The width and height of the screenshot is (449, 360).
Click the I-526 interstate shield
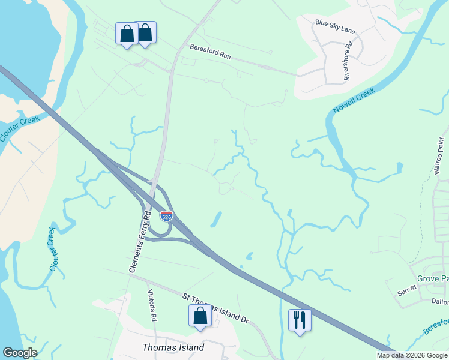click(167, 216)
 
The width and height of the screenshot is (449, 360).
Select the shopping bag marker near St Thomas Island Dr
click(200, 316)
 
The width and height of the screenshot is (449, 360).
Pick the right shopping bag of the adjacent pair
click(145, 33)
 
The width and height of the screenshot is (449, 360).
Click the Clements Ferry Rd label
click(140, 241)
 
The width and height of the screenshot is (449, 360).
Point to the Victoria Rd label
click(152, 305)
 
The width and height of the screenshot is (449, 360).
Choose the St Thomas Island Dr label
click(215, 307)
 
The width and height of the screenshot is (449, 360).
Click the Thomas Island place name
click(173, 347)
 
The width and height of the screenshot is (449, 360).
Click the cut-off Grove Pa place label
click(432, 279)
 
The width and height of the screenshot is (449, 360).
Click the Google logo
click(20, 353)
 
